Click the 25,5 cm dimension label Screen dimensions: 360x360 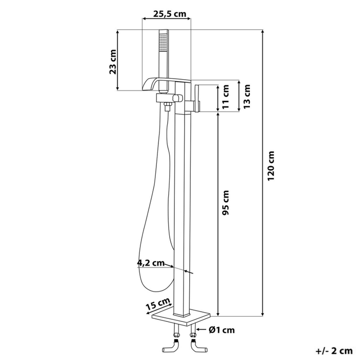[x=169, y=14]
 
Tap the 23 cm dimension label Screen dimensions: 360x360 [x=113, y=62]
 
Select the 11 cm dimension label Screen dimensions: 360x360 [x=226, y=97]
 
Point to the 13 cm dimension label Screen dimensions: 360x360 [x=247, y=97]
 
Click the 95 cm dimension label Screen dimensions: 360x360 [x=226, y=203]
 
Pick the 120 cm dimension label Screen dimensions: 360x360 [x=271, y=166]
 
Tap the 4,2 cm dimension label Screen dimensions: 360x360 [x=151, y=263]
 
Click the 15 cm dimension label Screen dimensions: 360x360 [x=158, y=304]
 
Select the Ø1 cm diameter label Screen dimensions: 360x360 [x=222, y=330]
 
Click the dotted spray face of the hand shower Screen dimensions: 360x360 [x=163, y=43]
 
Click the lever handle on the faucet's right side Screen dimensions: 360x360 [x=197, y=99]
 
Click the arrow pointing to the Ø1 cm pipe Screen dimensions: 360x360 [x=202, y=330]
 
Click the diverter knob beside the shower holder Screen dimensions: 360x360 [x=178, y=98]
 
